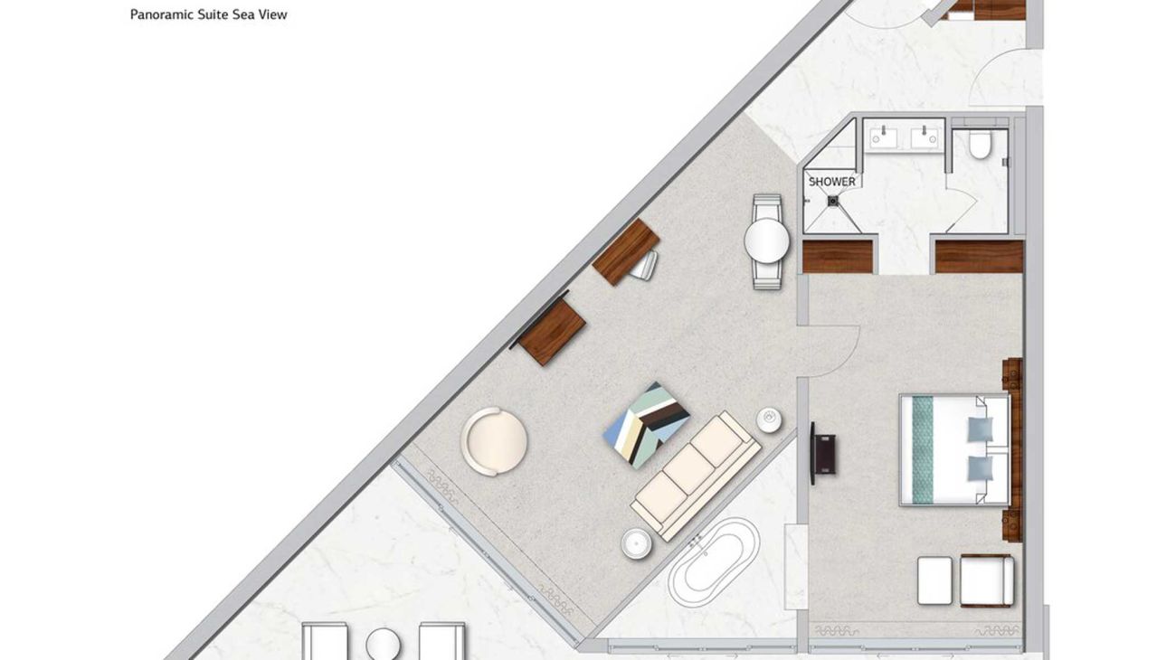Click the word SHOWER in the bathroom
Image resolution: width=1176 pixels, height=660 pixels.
click(831, 182)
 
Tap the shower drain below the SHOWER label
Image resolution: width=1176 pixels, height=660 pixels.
click(832, 201)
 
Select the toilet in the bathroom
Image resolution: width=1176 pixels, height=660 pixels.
click(979, 145)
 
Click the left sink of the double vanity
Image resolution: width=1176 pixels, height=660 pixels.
click(884, 137)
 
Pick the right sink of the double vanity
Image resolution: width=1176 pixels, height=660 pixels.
click(925, 137)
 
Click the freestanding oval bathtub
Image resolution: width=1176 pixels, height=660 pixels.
click(715, 561)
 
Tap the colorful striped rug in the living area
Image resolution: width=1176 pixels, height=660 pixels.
click(646, 425)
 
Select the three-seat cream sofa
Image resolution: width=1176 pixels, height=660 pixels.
click(696, 476)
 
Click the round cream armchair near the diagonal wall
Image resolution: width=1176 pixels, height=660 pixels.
click(494, 442)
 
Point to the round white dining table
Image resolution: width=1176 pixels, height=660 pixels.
click(767, 240)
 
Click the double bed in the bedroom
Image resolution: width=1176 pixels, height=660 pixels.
click(955, 450)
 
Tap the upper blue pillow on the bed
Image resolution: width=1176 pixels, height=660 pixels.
click(981, 429)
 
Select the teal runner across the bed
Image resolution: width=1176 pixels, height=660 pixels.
click(923, 449)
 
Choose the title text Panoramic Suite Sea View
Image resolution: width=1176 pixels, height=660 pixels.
click(208, 14)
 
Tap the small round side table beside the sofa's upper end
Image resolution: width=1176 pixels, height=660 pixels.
click(769, 420)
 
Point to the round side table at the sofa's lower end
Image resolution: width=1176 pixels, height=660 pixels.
click(637, 543)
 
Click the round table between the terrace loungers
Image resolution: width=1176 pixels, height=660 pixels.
click(384, 644)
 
